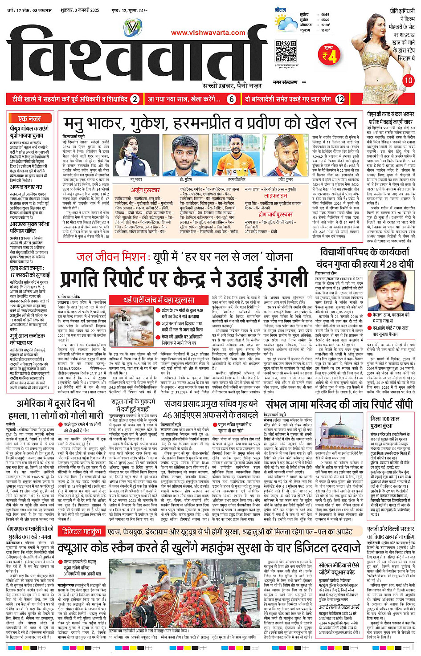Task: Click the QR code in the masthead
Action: pos(286,51)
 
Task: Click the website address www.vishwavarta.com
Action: pos(208,33)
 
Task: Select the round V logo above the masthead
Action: pos(132,27)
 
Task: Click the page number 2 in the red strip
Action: pos(135,99)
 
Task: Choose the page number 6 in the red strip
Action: pos(231,99)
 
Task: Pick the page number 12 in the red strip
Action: pos(340,99)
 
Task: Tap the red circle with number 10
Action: pos(408,81)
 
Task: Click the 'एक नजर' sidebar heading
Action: pos(30,118)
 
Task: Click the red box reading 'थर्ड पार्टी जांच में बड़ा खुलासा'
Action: pos(159,300)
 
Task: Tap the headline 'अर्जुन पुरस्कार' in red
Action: pos(145,190)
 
